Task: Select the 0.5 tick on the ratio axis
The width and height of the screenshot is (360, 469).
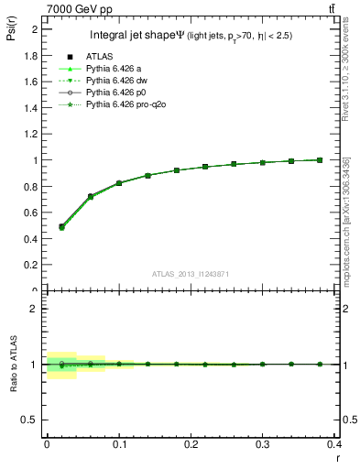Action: coord(33,420)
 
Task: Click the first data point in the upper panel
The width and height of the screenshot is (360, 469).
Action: coord(61,226)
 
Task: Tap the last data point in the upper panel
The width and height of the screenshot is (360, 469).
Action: coord(320,159)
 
